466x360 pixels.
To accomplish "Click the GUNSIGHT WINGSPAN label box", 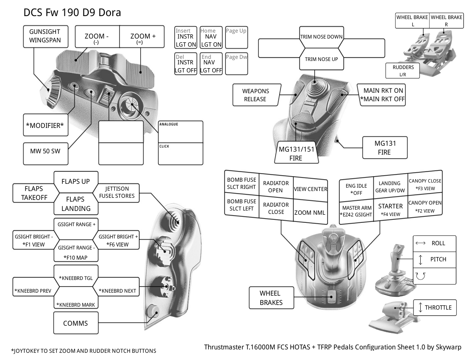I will point(44,36).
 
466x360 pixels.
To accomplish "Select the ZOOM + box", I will point(143,39).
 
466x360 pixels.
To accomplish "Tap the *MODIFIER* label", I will point(44,125).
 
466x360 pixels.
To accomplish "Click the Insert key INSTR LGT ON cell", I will point(186,38).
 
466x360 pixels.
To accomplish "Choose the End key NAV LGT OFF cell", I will point(211,64).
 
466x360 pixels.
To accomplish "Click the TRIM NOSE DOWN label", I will point(321,37).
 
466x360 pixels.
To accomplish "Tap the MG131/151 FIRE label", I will point(296,153).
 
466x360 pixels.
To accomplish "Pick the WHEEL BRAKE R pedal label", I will point(446,20).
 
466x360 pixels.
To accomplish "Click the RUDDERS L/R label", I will point(403,71).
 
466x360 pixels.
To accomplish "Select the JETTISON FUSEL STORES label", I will point(117,192).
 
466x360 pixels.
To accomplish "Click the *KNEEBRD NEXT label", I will point(117,291).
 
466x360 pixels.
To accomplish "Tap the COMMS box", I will point(75,323).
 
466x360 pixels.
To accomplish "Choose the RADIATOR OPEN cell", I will point(276,186).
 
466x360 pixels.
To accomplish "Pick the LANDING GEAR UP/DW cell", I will point(390,186).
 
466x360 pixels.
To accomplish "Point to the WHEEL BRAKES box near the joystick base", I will point(270,297).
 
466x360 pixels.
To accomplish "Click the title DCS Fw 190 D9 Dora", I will point(72,12).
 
